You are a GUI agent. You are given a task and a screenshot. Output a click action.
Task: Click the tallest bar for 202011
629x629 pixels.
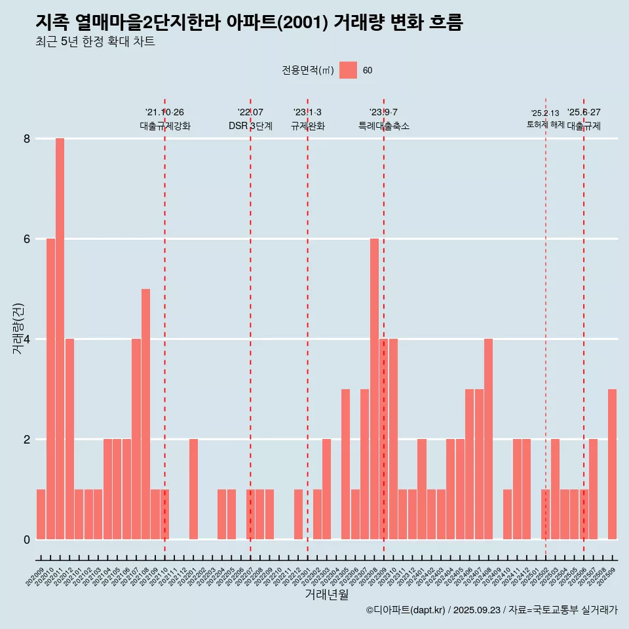[x=60, y=339]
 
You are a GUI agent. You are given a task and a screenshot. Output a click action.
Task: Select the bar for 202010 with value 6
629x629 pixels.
[x=50, y=389]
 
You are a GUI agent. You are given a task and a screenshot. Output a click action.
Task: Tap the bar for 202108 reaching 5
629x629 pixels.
[x=145, y=414]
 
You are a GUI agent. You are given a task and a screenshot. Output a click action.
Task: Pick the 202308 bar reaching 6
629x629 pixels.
[x=374, y=389]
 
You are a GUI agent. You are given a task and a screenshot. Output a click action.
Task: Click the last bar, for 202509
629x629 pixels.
[x=612, y=464]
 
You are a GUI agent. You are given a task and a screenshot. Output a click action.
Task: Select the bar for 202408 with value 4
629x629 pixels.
[x=488, y=439]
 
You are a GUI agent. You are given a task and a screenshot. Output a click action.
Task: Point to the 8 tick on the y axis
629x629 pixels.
[x=27, y=139]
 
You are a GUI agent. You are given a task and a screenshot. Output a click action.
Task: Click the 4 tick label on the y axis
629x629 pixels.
[x=27, y=339]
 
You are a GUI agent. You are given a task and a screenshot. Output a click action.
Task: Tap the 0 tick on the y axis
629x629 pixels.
[x=27, y=540]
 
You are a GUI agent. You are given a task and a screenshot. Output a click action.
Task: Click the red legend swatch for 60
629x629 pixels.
[x=348, y=70]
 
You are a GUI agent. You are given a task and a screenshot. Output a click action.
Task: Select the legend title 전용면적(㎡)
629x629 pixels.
[x=307, y=71]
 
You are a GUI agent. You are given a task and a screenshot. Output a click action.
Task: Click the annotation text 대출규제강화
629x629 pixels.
[x=164, y=126]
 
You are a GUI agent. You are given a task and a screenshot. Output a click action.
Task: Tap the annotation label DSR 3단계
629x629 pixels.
[x=250, y=126]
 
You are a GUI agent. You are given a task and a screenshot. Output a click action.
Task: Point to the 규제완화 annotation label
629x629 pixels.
[x=307, y=126]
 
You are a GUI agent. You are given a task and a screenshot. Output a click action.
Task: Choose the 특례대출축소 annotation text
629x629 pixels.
[x=383, y=126]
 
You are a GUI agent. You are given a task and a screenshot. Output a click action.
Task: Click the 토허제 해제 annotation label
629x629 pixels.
[x=545, y=124]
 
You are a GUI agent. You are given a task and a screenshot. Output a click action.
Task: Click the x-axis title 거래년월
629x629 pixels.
[x=326, y=594]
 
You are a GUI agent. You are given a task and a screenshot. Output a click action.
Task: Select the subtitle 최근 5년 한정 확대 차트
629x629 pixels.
[x=95, y=43]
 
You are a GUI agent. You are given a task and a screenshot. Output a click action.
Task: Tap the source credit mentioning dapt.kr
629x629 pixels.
[x=491, y=610]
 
